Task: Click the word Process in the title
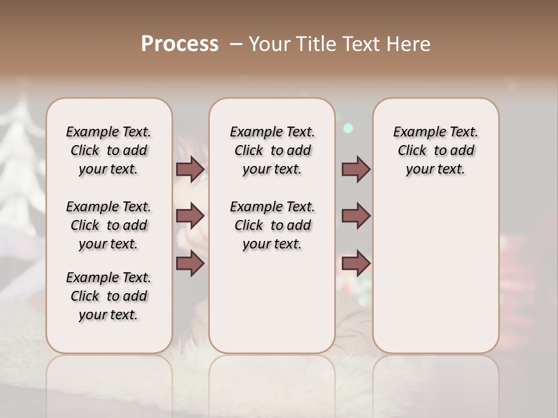180,44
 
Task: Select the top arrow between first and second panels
190,170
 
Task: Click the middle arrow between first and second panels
190,217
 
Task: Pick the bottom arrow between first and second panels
190,264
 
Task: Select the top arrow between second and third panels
356,170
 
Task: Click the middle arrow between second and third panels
356,217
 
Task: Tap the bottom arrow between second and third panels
356,264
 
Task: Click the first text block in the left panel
109,150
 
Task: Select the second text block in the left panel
109,225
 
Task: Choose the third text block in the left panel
109,296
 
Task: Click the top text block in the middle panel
272,150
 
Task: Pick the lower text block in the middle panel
272,225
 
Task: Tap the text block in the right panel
435,150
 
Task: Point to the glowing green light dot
348,128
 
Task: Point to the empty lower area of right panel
435,273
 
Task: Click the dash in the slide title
235,44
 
